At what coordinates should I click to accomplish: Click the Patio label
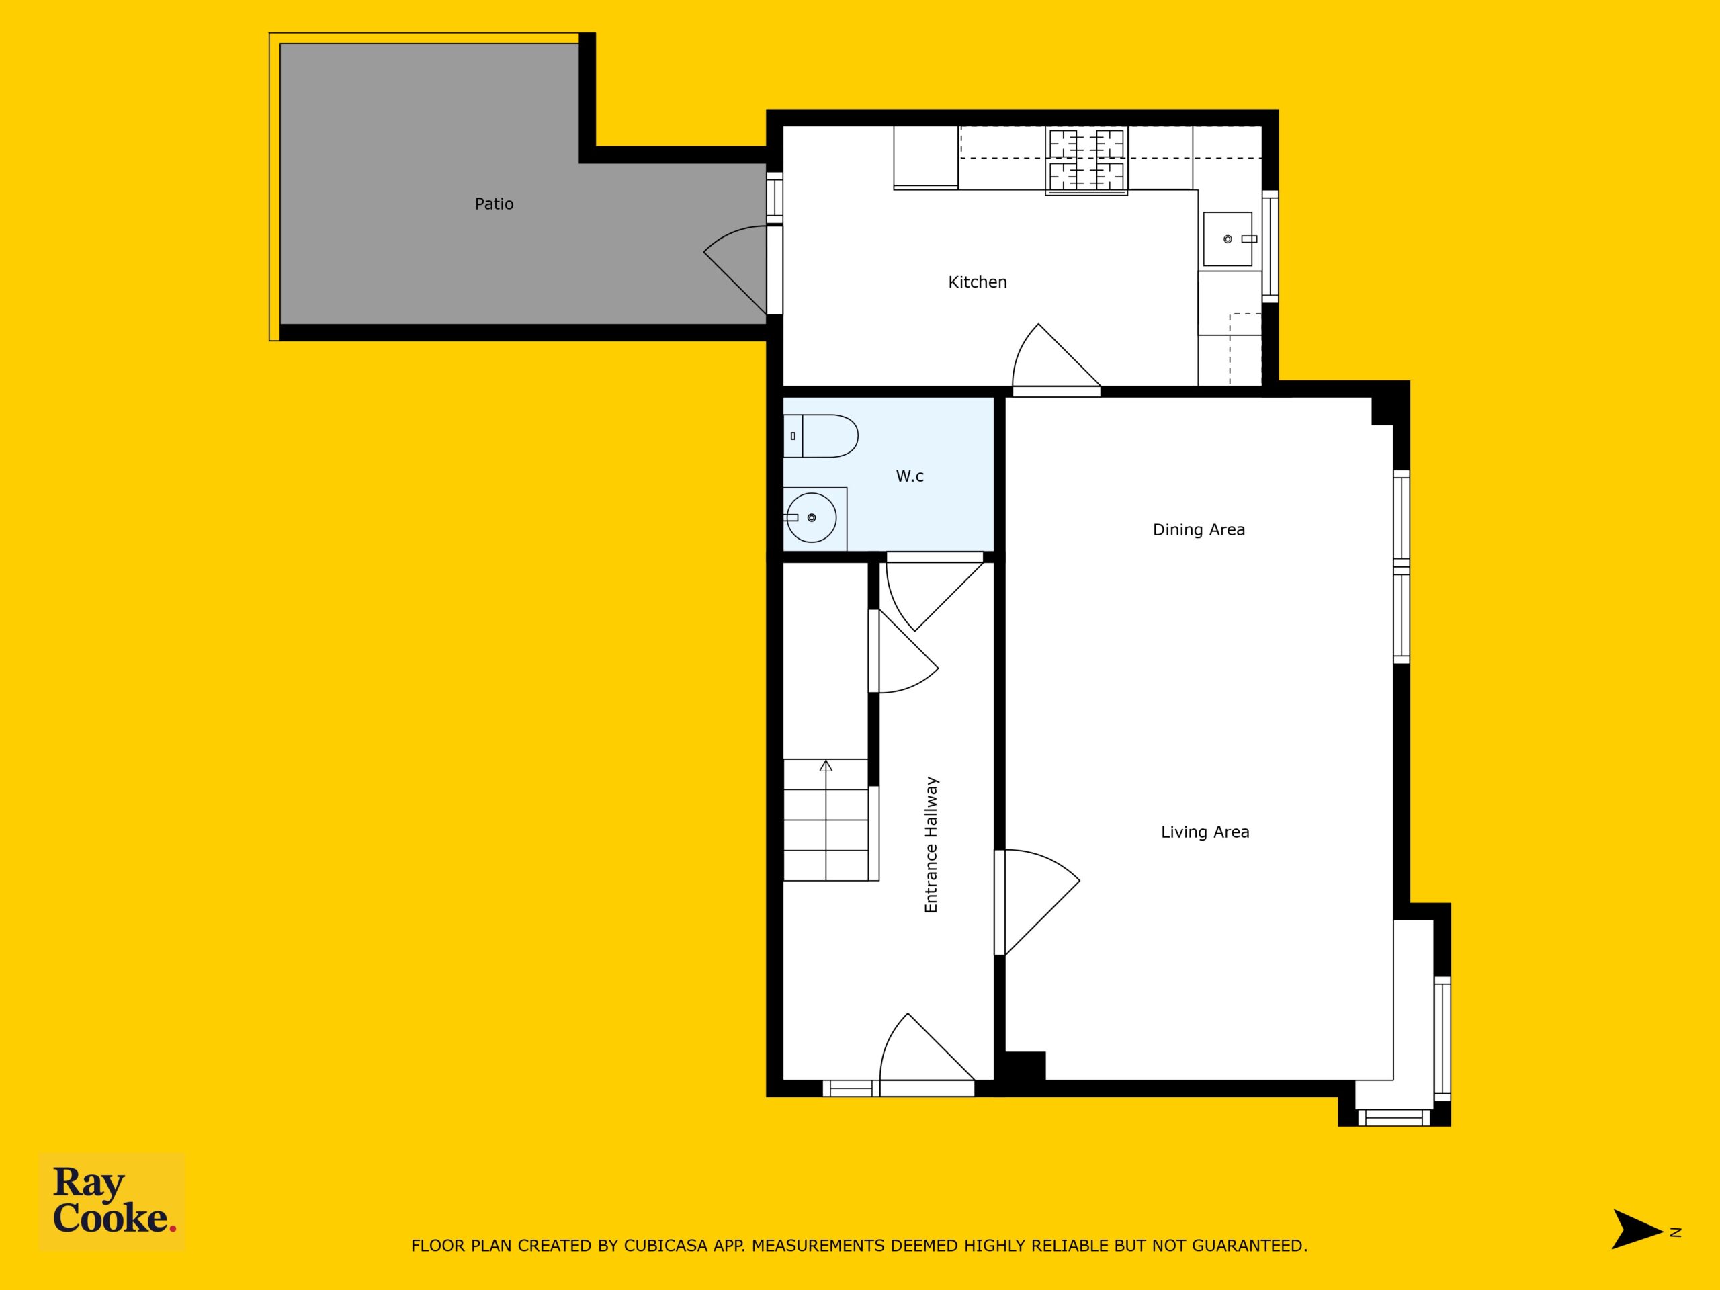point(494,204)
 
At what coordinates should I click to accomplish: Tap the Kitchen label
point(978,282)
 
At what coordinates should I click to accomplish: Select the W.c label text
point(910,476)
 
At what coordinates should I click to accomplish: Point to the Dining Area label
point(1198,530)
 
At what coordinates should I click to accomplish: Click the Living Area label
point(1205,832)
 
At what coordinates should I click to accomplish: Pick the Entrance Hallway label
point(931,845)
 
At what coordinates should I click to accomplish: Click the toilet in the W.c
point(820,436)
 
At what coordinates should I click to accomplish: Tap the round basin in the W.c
point(811,517)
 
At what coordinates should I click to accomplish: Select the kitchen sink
point(1228,239)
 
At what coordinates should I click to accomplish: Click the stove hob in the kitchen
point(1086,160)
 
